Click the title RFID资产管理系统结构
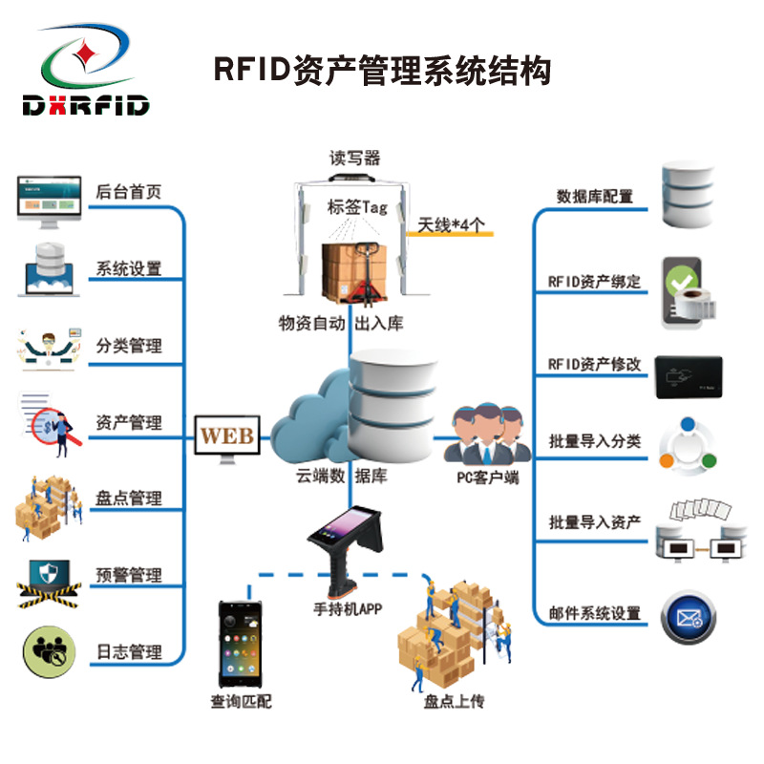(382, 70)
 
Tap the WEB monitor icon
(227, 439)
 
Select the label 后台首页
(128, 191)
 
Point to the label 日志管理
(128, 652)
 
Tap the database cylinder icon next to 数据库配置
(687, 195)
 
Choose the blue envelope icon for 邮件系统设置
(688, 616)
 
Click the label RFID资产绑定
(594, 283)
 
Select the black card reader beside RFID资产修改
(688, 377)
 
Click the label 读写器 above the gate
(355, 159)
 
